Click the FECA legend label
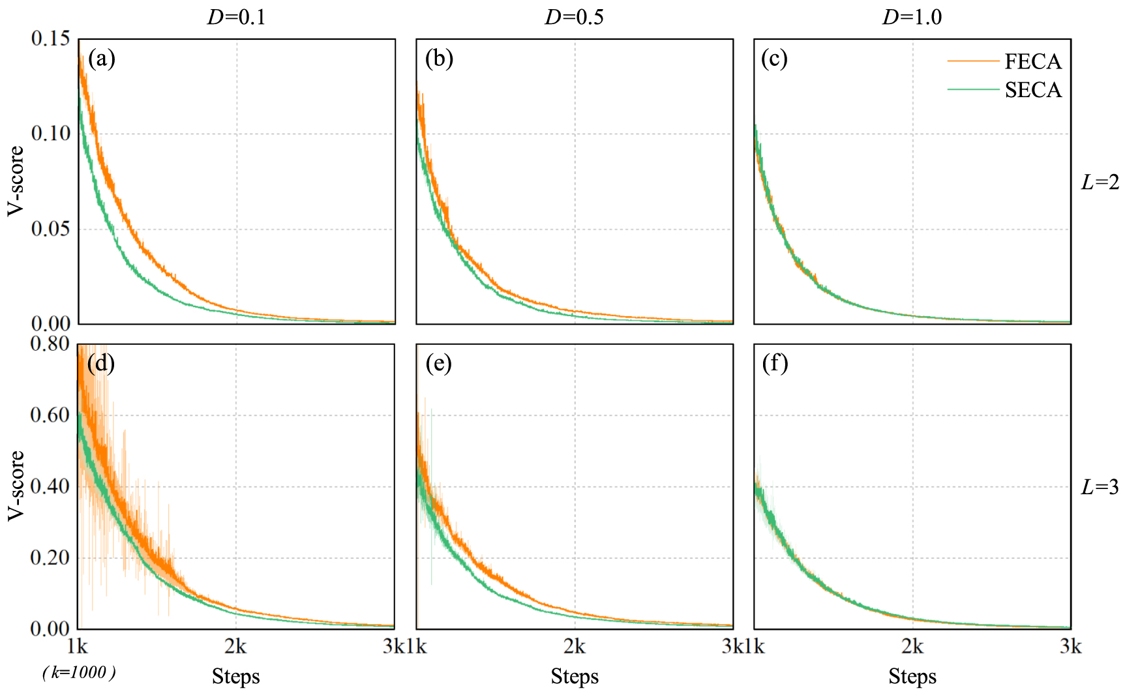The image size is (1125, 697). coord(1032,61)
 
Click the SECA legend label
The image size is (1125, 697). coord(1032,90)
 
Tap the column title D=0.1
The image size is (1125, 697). coord(236,18)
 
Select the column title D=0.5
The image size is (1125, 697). coord(574,18)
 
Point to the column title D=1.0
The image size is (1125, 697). coord(912,18)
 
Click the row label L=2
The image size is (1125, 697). coord(1100,183)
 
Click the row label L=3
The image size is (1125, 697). coord(1100,487)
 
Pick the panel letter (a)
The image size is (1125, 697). coord(101,59)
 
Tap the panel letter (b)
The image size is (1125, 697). coord(439,59)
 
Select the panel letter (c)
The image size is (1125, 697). coord(774,59)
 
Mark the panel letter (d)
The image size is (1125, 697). coord(101,363)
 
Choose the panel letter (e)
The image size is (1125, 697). coord(439,363)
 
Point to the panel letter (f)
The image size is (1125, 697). coord(775,363)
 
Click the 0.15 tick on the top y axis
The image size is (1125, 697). coord(50,38)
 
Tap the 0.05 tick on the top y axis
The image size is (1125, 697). coord(50,229)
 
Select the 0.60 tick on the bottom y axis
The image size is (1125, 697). coord(50,415)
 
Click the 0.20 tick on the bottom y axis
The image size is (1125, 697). coord(50,557)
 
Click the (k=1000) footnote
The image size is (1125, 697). coord(79,673)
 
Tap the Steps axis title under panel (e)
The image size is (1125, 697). coord(575,677)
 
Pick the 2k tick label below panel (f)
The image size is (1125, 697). coord(912,647)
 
